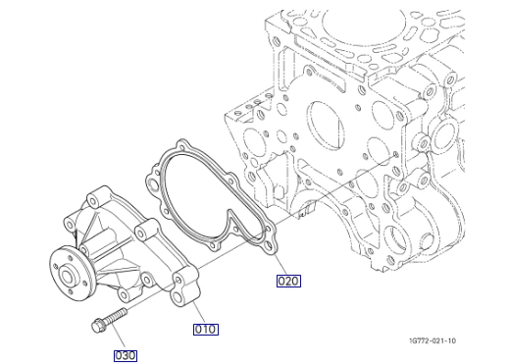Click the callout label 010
[205, 330]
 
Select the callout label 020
[288, 281]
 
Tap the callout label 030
[126, 356]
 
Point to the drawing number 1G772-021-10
[433, 340]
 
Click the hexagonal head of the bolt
[98, 326]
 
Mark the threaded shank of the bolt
[116, 316]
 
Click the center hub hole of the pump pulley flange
[68, 276]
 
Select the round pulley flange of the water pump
[70, 274]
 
